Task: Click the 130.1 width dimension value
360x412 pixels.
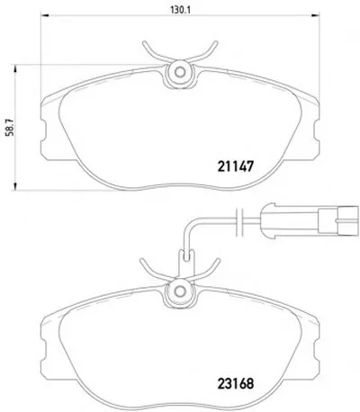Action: pyautogui.click(x=181, y=10)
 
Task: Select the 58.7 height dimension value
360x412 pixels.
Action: pyautogui.click(x=10, y=128)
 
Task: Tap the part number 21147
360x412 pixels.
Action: pyautogui.click(x=236, y=166)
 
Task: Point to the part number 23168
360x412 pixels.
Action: pyautogui.click(x=236, y=383)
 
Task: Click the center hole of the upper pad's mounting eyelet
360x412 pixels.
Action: pyautogui.click(x=180, y=72)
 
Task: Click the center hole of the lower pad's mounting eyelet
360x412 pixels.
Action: pyautogui.click(x=180, y=291)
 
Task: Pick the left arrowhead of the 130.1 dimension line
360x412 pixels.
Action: pyautogui.click(x=44, y=15)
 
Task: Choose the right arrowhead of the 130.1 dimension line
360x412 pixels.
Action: pyautogui.click(x=316, y=15)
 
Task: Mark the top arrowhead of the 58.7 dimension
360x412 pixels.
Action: pyautogui.click(x=14, y=68)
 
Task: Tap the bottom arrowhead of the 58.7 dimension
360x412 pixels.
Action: pyautogui.click(x=14, y=186)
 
